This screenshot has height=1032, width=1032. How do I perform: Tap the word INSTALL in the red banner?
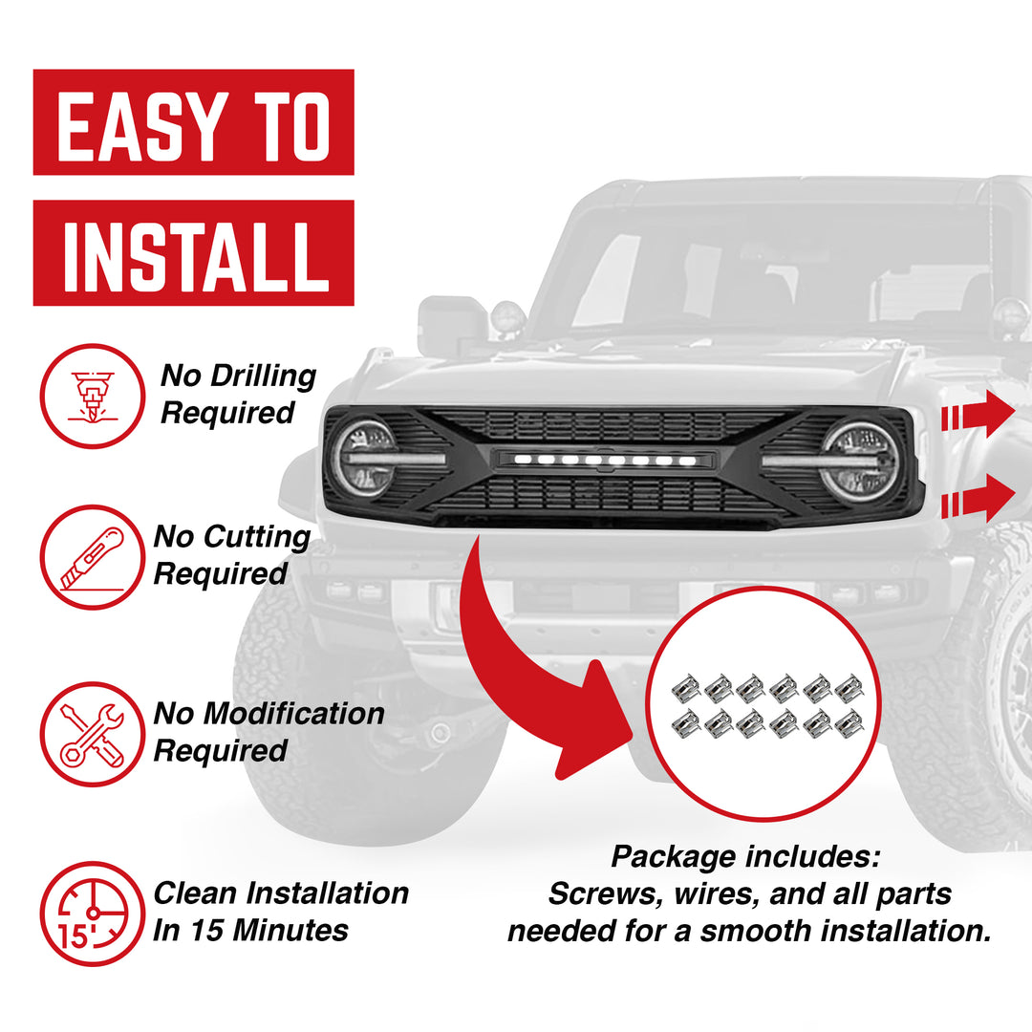click(x=195, y=253)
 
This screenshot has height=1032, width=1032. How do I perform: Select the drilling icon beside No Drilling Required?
click(x=92, y=396)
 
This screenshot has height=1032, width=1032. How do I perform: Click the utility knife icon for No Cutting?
click(x=92, y=557)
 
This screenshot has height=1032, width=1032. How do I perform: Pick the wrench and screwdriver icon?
click(x=92, y=734)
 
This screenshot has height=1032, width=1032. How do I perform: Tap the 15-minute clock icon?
click(x=92, y=914)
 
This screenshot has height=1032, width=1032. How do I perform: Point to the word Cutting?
click(x=259, y=537)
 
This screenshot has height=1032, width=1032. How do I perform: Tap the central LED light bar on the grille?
click(x=603, y=460)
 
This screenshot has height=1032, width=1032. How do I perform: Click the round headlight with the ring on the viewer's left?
click(x=364, y=458)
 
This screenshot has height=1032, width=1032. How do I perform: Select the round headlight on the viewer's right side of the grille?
click(x=858, y=462)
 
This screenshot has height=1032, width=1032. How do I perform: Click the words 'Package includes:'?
click(x=745, y=857)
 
